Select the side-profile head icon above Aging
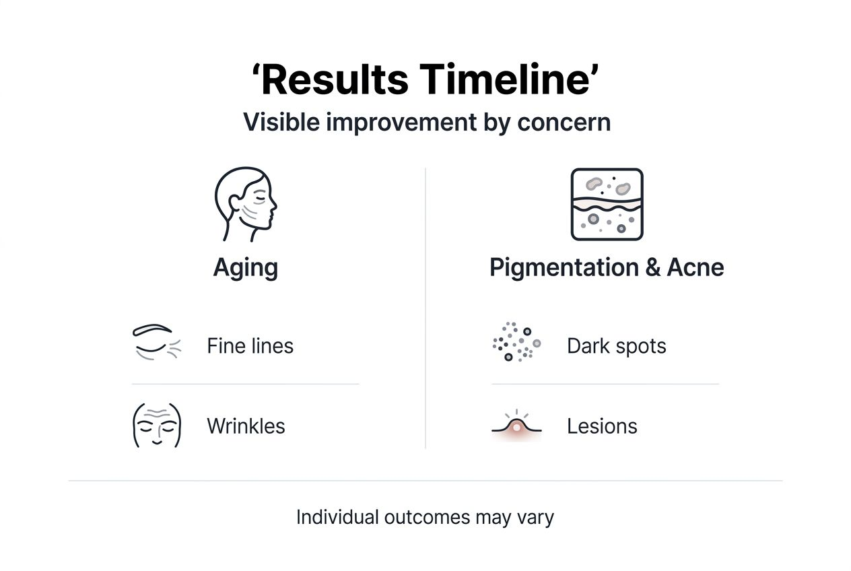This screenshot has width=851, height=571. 246,204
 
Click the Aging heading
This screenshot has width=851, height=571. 246,268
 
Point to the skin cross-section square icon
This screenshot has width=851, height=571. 607,204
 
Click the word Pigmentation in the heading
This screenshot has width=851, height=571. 563,268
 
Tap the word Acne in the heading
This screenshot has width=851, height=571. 695,268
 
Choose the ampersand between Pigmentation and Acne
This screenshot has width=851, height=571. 652,268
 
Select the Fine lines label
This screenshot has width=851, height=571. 250,346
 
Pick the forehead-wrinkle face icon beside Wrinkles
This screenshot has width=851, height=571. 157,425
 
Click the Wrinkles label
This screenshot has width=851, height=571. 246,426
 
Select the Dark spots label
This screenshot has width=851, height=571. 616,346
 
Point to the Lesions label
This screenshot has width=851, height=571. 602,426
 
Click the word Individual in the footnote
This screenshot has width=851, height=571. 337,517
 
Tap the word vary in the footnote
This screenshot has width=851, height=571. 537,518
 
